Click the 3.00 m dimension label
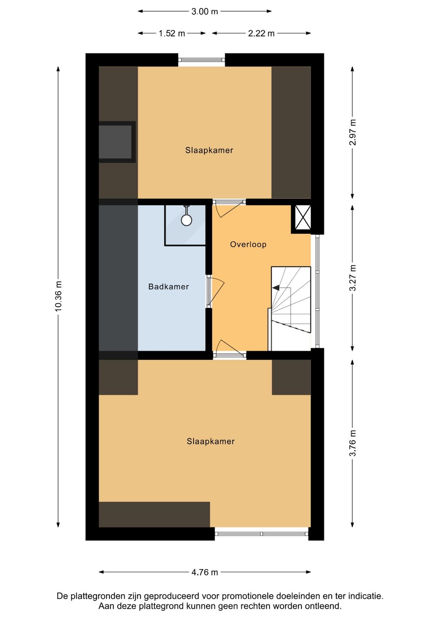tap(204, 11)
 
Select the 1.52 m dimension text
tap(172, 33)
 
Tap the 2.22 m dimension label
tap(261, 33)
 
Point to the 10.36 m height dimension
tap(58, 296)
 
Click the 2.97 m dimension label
tap(352, 132)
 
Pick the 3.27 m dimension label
tap(352, 277)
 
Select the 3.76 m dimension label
tap(352, 443)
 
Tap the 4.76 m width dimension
tap(204, 572)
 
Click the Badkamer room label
tap(168, 287)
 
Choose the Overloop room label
tap(248, 244)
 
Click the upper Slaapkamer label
tap(209, 150)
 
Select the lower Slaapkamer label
tap(210, 441)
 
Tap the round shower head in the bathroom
tap(187, 220)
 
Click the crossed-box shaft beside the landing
tap(303, 217)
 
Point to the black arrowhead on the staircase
tap(276, 288)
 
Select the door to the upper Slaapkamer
tap(228, 209)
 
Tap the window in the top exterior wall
tap(202, 60)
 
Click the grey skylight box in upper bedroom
tap(116, 142)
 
